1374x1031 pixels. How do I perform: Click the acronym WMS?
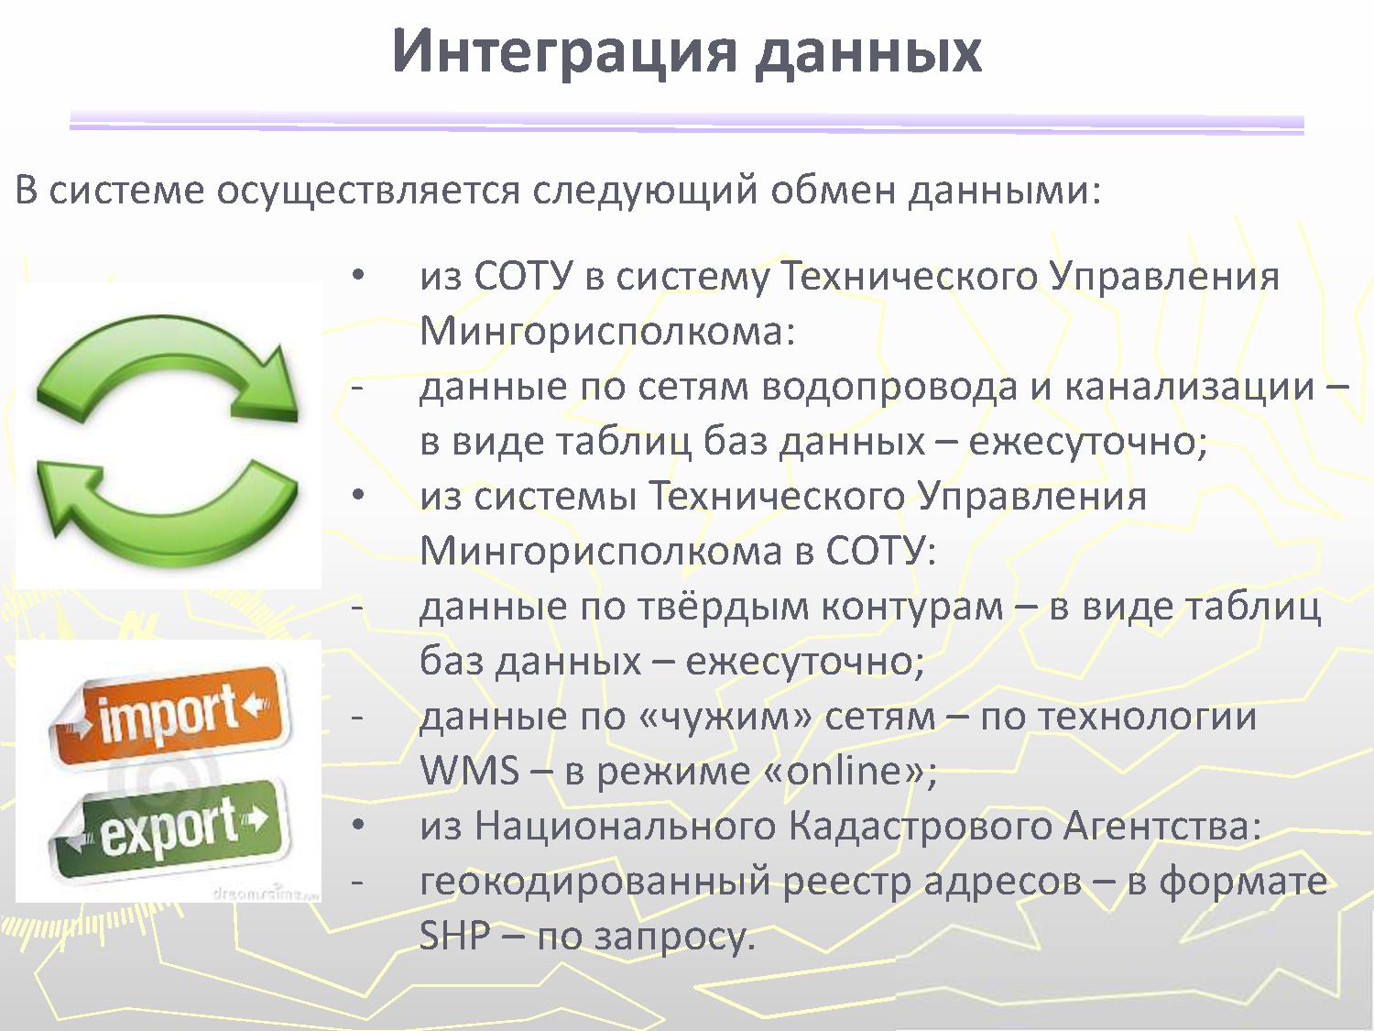coord(470,771)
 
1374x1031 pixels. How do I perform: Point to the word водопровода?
coord(889,387)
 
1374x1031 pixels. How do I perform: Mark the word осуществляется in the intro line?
coord(368,191)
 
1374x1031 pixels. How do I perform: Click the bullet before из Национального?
coord(358,825)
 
